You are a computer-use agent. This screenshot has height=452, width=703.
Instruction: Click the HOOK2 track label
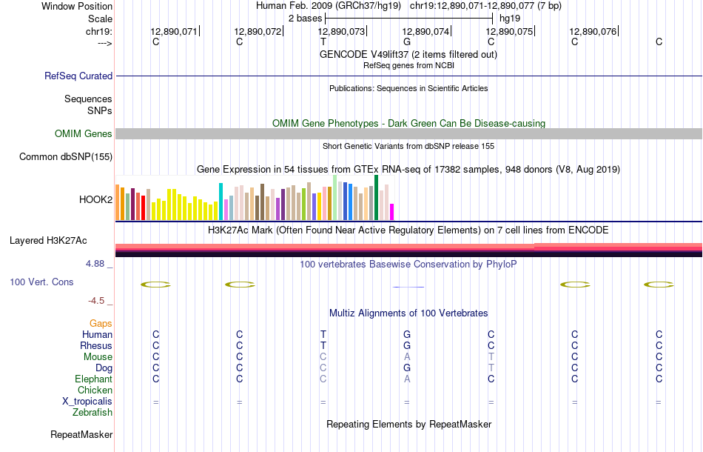(x=95, y=199)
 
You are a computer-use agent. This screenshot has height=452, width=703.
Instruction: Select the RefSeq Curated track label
(x=78, y=76)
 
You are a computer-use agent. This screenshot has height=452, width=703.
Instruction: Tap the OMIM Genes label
(x=84, y=134)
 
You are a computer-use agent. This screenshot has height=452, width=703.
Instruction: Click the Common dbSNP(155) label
(x=66, y=156)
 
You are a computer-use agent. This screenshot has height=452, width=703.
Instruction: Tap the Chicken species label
(x=95, y=390)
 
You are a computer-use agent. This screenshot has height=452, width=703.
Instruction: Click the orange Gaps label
(x=101, y=323)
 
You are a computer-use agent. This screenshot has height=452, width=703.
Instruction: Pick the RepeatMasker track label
(x=81, y=434)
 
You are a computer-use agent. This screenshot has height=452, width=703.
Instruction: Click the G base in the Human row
(x=407, y=334)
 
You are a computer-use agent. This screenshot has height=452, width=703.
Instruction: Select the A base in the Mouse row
(x=407, y=356)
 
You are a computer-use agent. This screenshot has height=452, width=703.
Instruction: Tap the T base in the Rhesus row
(x=323, y=345)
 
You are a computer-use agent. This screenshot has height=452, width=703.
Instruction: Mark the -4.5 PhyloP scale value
(x=98, y=300)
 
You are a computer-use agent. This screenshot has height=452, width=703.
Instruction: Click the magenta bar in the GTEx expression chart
(x=392, y=211)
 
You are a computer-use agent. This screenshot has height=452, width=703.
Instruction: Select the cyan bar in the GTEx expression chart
(x=221, y=201)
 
